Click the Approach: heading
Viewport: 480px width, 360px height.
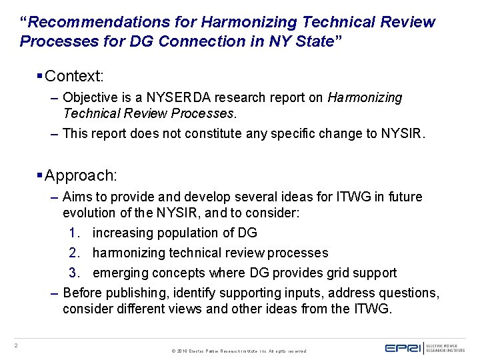point(80,175)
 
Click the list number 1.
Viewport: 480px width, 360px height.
point(74,233)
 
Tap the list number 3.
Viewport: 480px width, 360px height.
point(74,273)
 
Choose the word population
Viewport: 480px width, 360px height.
point(185,233)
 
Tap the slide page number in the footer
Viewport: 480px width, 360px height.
point(16,345)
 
